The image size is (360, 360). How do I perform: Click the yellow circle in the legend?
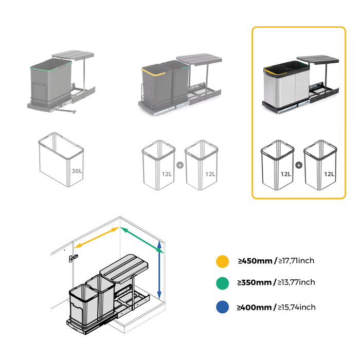[222, 261]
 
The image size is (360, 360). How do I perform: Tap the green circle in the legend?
[222, 282]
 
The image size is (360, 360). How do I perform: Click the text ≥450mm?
[255, 261]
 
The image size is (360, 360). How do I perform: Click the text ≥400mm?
[255, 307]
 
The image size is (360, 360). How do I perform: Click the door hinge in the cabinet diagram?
[74, 257]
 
